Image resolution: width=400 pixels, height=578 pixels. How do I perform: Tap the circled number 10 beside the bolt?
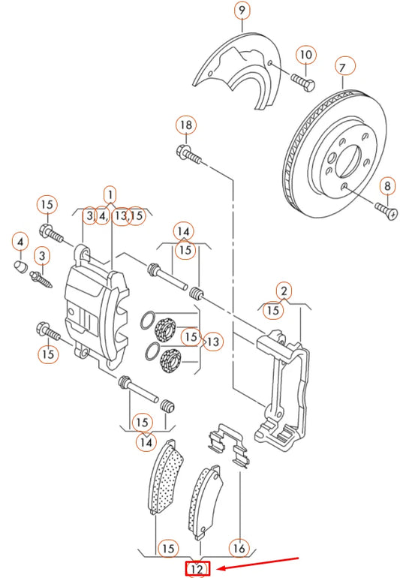pyautogui.click(x=305, y=55)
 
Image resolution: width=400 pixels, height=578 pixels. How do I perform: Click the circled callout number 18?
pyautogui.click(x=185, y=124)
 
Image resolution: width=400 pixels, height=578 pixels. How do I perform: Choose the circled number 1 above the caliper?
pyautogui.click(x=110, y=195)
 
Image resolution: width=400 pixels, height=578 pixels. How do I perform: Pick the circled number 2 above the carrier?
pyautogui.click(x=283, y=291)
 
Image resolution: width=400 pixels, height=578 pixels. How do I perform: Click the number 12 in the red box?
pyautogui.click(x=197, y=570)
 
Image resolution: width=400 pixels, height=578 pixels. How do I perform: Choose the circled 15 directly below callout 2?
pyautogui.click(x=273, y=309)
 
